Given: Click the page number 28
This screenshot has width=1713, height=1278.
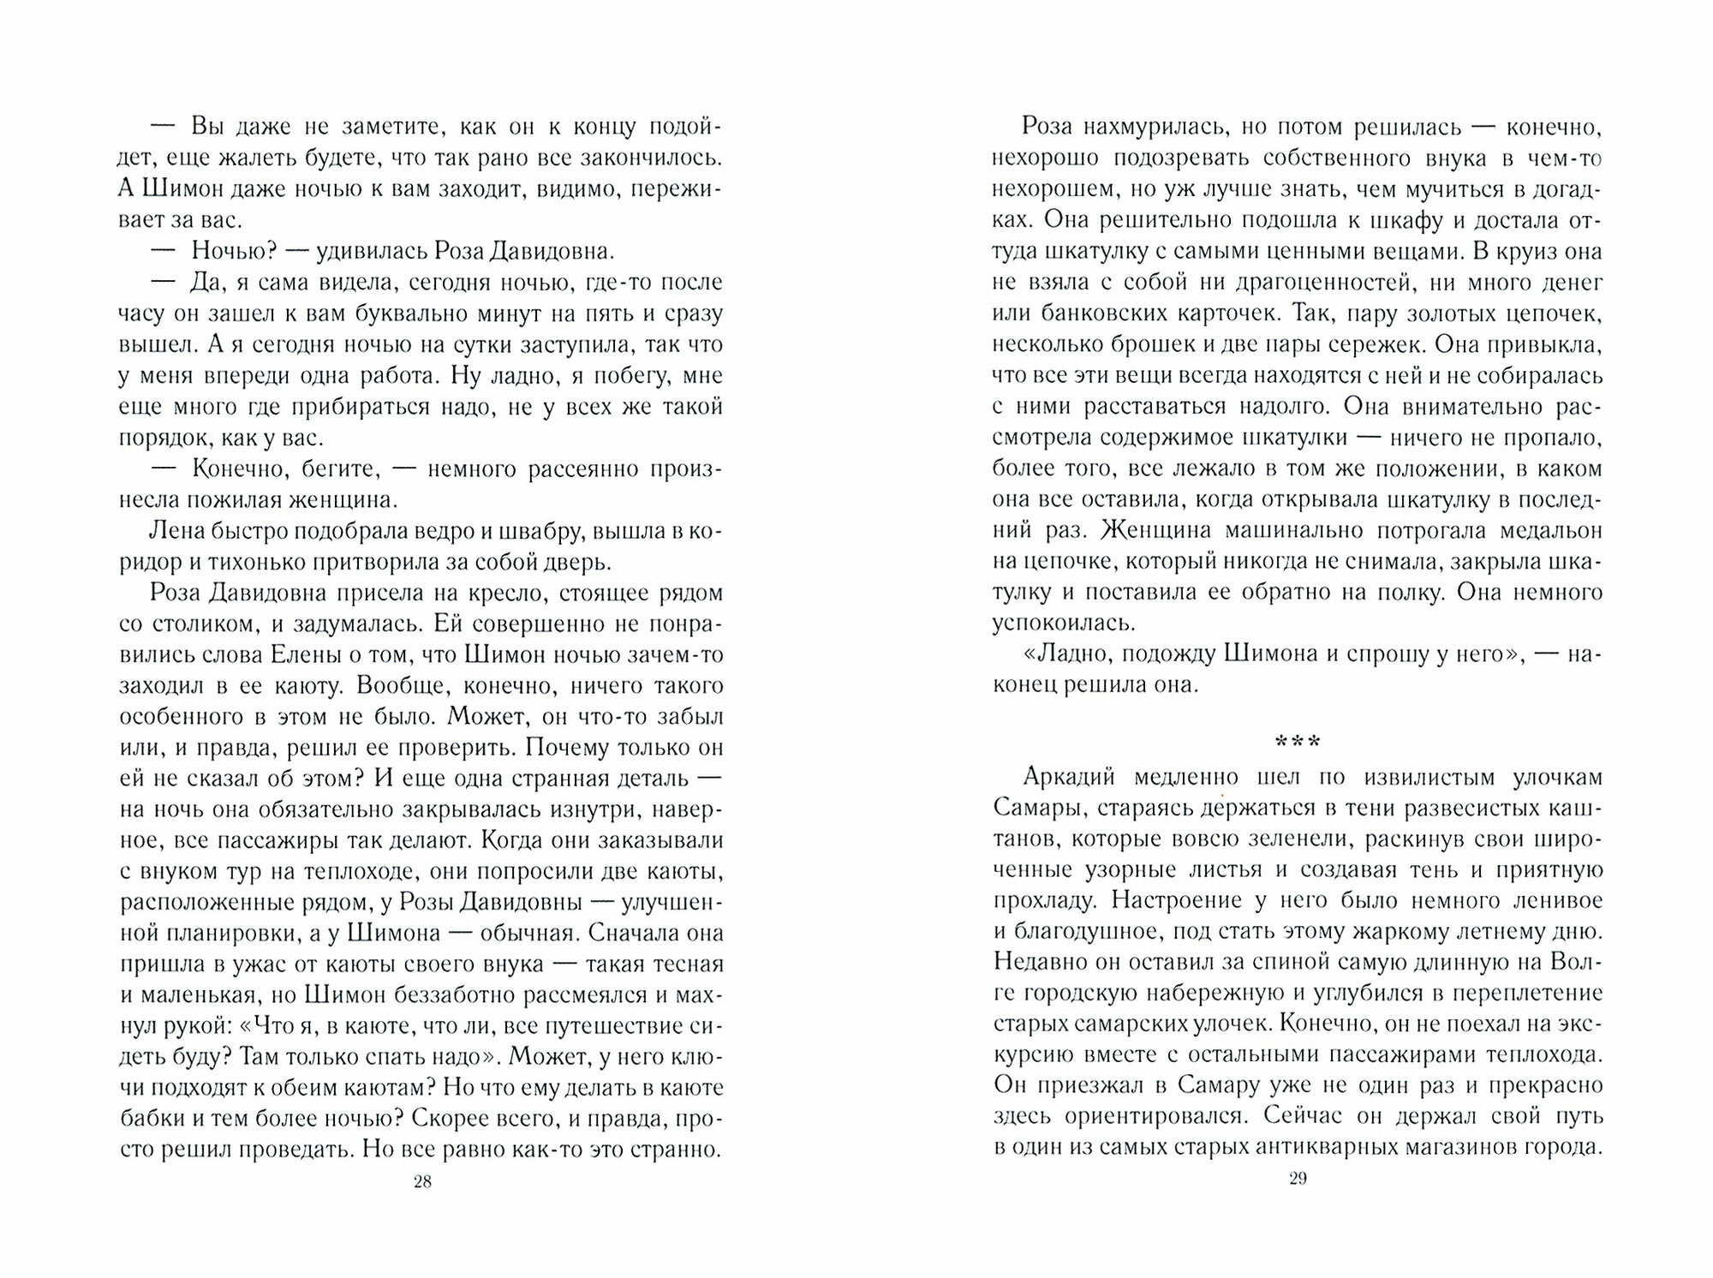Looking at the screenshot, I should click(x=422, y=1182).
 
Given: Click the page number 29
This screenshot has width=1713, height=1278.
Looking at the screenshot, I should click(x=1297, y=1179).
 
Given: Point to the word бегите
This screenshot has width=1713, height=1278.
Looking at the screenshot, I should click(x=345, y=469).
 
